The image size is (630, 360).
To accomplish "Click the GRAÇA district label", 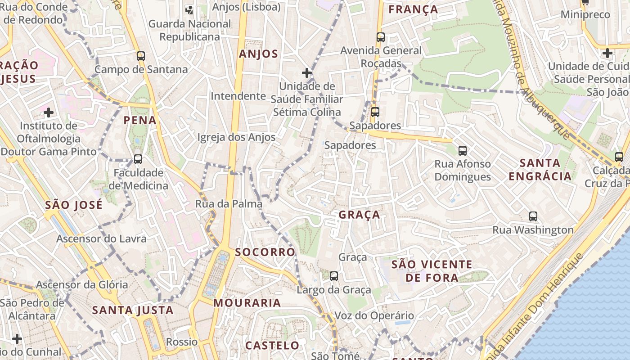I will click(x=359, y=215).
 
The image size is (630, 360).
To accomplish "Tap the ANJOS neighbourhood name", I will click(x=258, y=54).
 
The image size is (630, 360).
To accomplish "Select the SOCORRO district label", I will click(x=265, y=252).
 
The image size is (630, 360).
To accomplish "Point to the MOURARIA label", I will click(x=247, y=303).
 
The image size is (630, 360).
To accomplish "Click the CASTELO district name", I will click(x=272, y=346).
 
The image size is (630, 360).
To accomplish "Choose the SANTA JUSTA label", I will click(x=133, y=310).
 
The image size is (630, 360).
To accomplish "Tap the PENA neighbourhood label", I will click(x=140, y=120).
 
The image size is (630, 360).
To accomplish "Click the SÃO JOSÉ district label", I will click(x=74, y=205).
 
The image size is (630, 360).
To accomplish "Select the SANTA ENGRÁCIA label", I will click(x=540, y=169).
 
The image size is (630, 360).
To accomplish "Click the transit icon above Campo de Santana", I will click(x=141, y=56).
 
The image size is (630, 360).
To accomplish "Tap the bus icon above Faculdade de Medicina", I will click(x=138, y=159).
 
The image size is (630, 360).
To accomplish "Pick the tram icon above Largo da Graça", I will click(x=334, y=276).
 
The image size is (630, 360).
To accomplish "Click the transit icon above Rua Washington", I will click(x=533, y=216).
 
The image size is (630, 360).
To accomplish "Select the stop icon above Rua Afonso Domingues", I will click(x=462, y=151).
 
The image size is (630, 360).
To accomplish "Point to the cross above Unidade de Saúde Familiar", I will click(x=307, y=73).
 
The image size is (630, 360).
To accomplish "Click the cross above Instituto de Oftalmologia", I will click(x=49, y=112).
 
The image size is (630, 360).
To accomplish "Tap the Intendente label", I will click(x=238, y=96).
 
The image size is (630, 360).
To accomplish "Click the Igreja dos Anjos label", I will click(x=236, y=137).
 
